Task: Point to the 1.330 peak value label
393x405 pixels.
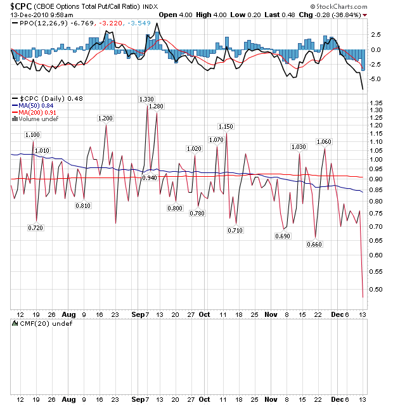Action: tap(146, 100)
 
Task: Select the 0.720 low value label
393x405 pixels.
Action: tap(35, 228)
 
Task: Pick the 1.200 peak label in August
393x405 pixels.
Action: tap(105, 119)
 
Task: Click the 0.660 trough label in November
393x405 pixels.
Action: tap(314, 244)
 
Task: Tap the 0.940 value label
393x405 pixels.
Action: tap(150, 178)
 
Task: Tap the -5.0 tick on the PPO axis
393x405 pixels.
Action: tap(375, 79)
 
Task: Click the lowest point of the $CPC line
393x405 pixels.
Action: tap(363, 297)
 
